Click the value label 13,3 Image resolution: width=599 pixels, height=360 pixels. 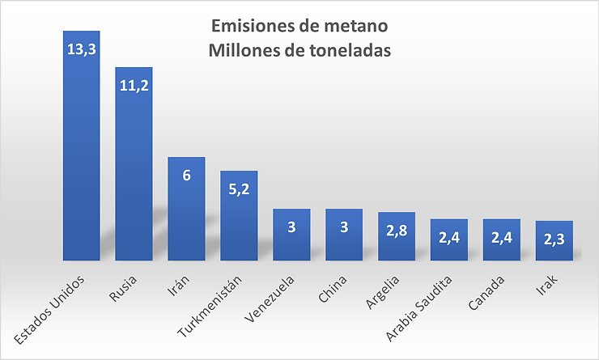[x=81, y=49]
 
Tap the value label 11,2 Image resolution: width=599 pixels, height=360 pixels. [x=134, y=85]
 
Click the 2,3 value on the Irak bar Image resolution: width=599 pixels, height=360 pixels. [x=554, y=239]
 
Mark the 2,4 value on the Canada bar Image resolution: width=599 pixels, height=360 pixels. [x=502, y=238]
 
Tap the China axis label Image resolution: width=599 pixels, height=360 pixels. [x=333, y=289]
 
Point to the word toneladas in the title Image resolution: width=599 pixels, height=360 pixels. [x=347, y=49]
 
